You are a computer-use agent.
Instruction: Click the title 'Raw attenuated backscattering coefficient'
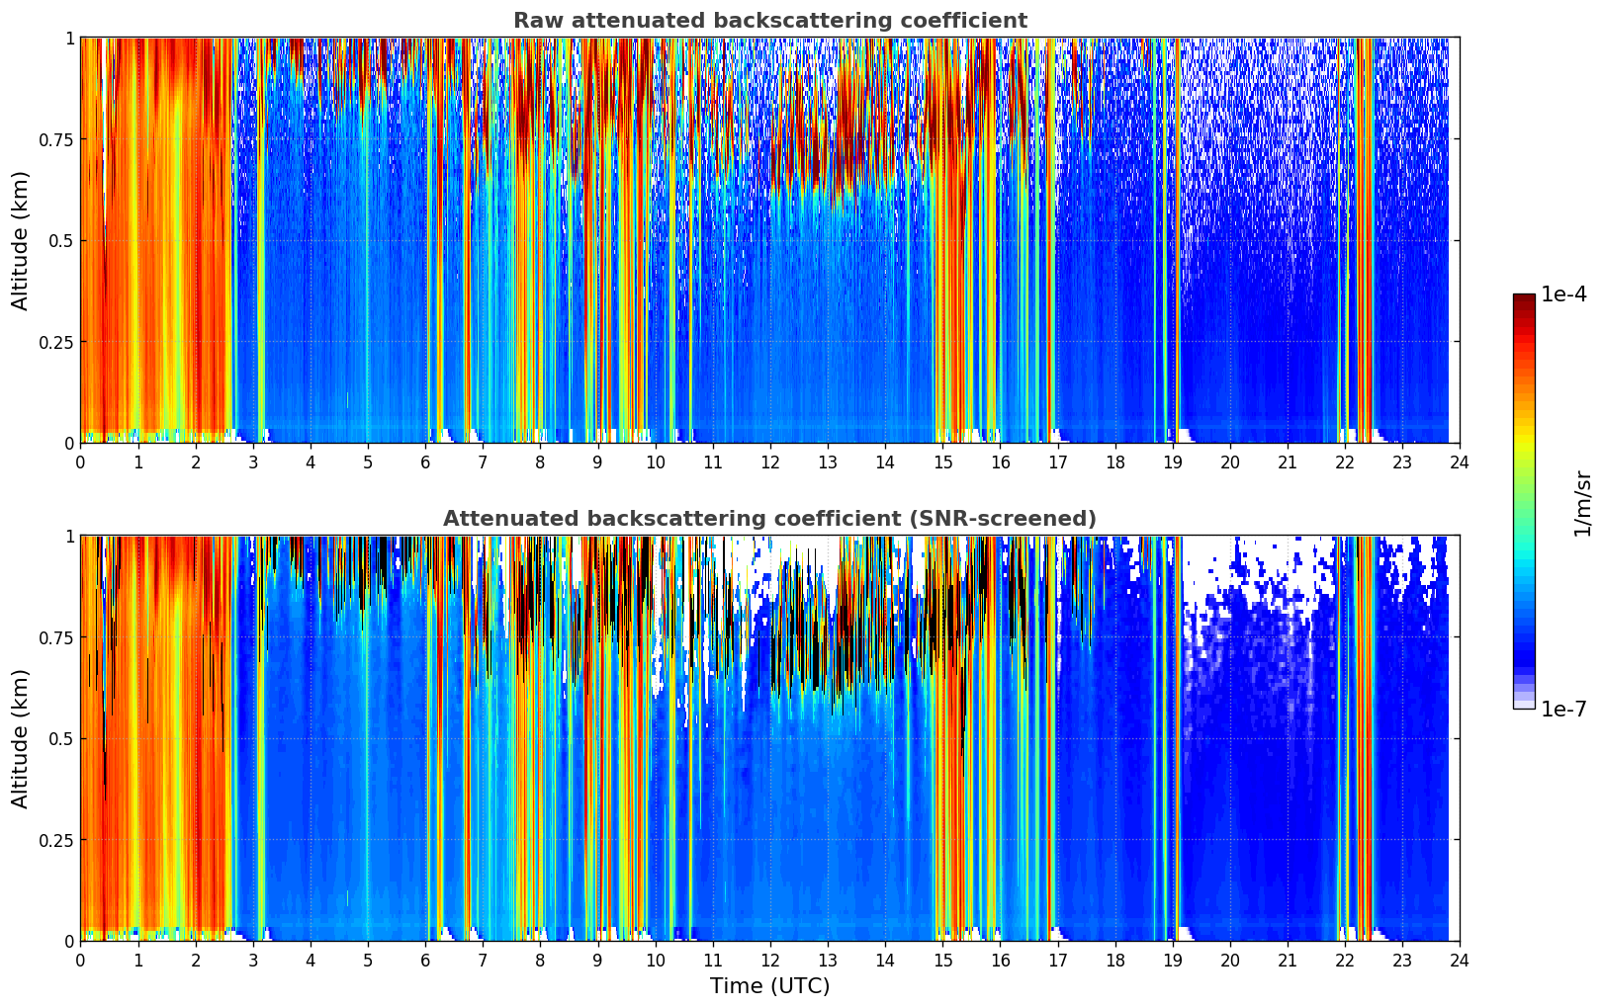coord(769,21)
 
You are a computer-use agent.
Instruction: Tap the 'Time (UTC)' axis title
coord(769,985)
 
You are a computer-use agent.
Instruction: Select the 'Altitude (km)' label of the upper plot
coord(21,240)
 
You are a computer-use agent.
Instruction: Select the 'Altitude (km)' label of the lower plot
coord(21,738)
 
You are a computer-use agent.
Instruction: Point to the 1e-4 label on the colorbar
coord(1563,294)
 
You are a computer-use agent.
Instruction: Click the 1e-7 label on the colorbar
coord(1563,709)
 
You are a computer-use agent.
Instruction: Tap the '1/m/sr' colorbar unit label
coord(1582,503)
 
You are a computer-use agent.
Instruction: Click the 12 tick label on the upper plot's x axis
coord(769,462)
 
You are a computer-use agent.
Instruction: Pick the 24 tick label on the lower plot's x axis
coord(1459,961)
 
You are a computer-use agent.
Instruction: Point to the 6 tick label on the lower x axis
coord(425,961)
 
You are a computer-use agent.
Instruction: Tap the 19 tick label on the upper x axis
coord(1172,462)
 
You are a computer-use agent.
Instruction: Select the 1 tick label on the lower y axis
coord(69,537)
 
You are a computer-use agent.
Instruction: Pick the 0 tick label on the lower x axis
coord(80,961)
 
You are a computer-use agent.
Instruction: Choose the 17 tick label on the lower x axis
coord(1057,961)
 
